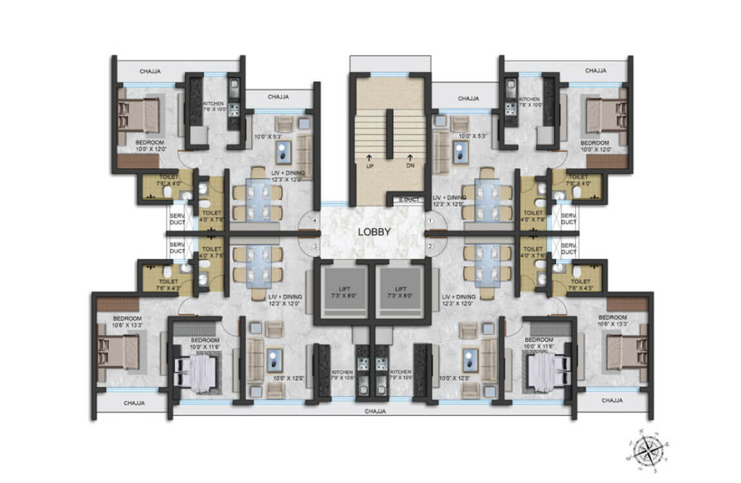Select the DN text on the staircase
(409, 166)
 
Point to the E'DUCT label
(409, 200)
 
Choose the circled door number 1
(430, 221)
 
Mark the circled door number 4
(315, 221)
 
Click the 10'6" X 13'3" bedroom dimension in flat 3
(126, 325)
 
